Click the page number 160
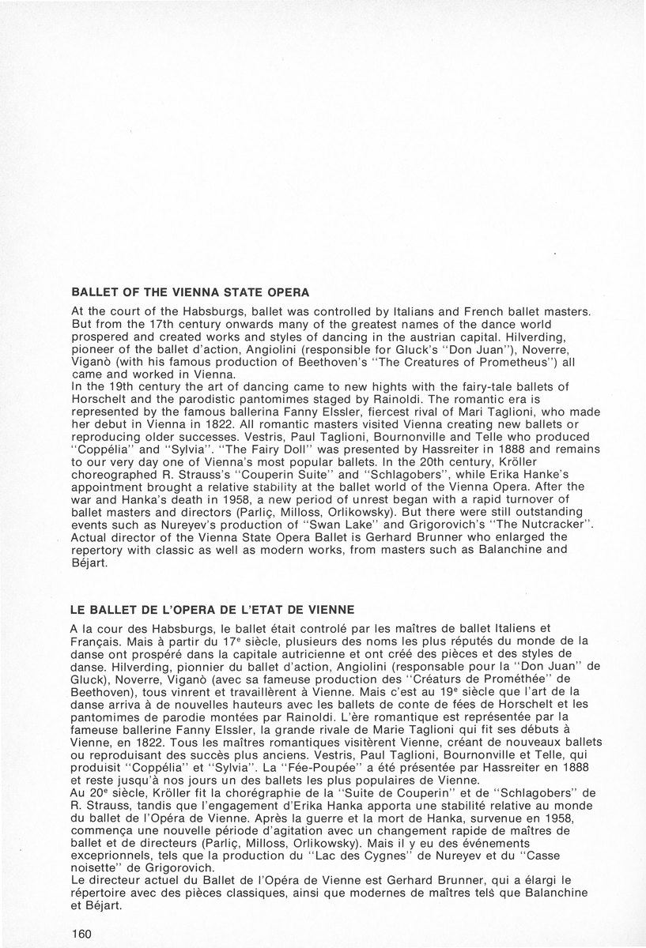[81, 932]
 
